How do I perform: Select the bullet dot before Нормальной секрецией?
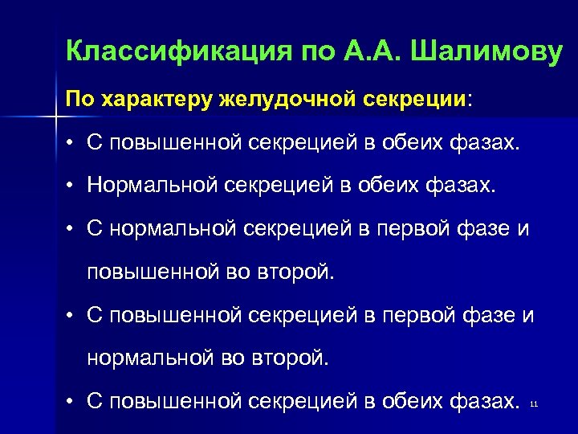click(x=71, y=187)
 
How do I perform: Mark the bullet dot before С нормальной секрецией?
click(x=71, y=230)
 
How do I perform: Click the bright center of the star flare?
click(x=55, y=119)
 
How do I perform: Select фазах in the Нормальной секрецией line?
click(x=470, y=186)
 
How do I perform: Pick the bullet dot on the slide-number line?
click(x=71, y=400)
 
